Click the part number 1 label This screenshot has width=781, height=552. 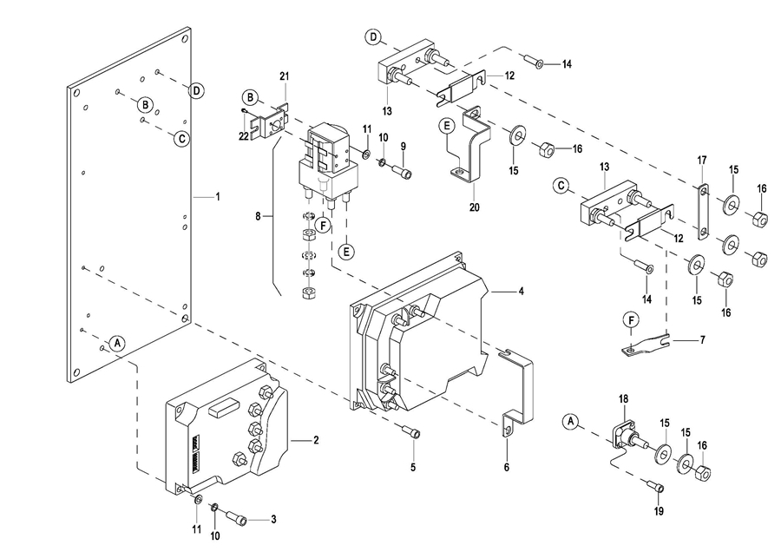point(218,197)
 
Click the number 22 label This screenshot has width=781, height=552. point(245,135)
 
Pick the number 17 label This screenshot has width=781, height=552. point(703,160)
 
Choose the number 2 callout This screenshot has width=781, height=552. point(316,440)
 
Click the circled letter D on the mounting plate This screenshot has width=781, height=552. point(197,89)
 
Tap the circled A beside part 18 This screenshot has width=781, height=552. point(570,422)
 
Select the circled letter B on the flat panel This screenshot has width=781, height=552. point(146,104)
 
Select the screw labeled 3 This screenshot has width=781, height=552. point(236,519)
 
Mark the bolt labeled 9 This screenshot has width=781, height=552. point(404,172)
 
